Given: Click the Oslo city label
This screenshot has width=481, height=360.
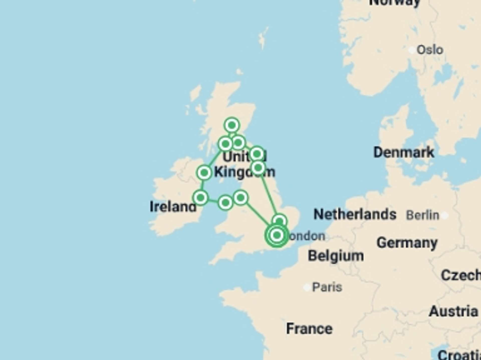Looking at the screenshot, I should click(x=430, y=50).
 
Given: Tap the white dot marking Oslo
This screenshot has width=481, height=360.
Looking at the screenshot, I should click(x=411, y=50).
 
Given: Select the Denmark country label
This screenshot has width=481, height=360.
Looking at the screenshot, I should click(x=404, y=152).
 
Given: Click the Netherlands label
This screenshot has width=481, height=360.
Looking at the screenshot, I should click(x=355, y=214).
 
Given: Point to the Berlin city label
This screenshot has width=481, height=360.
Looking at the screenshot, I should click(x=423, y=215).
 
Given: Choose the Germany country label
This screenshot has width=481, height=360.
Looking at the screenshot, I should click(x=407, y=243).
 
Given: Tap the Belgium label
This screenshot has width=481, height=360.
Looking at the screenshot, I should click(x=336, y=256).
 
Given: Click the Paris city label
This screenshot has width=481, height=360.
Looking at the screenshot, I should click(x=327, y=287).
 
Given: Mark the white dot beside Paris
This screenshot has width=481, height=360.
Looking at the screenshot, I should click(x=307, y=287).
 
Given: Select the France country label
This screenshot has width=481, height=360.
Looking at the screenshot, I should click(x=309, y=328).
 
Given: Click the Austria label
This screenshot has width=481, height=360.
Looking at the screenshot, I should click(x=453, y=311).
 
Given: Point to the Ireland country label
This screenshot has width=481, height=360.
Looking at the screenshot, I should click(x=173, y=207).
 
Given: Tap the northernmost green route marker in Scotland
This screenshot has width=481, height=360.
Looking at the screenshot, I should click(x=232, y=125).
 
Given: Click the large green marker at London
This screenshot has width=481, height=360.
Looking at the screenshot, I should click(x=277, y=235).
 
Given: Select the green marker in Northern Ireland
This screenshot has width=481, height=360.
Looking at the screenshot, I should click(x=204, y=172).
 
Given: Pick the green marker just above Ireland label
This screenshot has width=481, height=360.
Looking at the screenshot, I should click(x=200, y=198).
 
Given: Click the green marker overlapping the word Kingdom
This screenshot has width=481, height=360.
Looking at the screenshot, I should click(x=258, y=168).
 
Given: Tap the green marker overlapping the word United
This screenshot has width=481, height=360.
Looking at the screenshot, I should click(x=257, y=154).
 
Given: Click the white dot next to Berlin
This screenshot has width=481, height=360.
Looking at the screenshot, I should click(x=445, y=215).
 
